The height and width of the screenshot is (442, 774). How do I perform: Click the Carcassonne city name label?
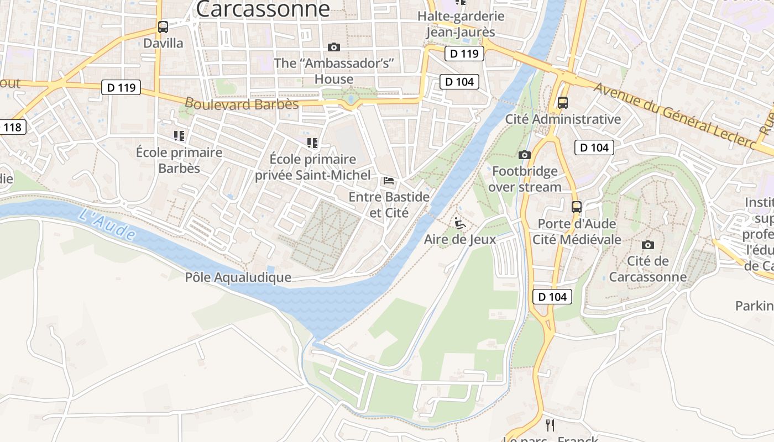pos(263,8)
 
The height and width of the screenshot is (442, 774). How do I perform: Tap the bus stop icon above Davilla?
pos(163,27)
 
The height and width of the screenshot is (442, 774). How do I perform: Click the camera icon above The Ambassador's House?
pos(333,47)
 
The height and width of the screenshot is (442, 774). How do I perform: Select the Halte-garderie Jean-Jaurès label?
pos(461,24)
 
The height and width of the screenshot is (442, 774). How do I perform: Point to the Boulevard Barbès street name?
pos(242,104)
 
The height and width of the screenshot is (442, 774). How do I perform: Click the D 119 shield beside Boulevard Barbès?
pos(121,87)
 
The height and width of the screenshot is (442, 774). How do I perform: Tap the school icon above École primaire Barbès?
pos(179,135)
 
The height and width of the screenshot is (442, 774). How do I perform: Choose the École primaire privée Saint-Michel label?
pos(312,167)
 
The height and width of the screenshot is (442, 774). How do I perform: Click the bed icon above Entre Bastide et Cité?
pos(389,181)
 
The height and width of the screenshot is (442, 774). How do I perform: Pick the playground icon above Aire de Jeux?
pos(460,224)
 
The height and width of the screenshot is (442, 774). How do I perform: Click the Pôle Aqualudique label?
pos(238,277)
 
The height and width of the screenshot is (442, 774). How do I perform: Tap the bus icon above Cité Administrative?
pos(563,102)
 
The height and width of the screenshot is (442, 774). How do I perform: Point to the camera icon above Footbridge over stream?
pos(525,155)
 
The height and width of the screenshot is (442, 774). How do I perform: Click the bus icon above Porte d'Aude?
pos(577,207)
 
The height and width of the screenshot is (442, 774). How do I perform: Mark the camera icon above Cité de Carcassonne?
pos(647,245)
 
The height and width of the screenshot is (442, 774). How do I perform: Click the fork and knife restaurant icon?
pos(550,425)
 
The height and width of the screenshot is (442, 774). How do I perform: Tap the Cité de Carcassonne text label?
pos(647,269)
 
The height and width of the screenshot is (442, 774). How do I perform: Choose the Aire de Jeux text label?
pos(460,240)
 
